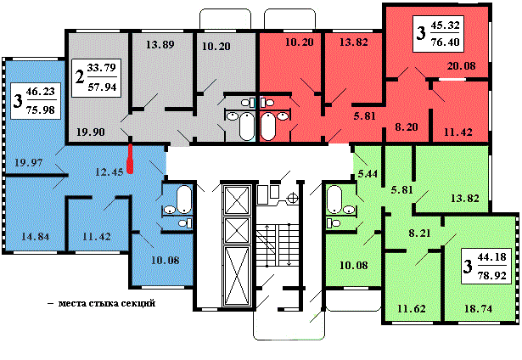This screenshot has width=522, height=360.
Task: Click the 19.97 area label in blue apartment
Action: (x=29, y=162)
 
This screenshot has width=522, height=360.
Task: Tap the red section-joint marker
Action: (x=131, y=159)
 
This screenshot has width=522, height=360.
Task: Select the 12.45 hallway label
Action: (x=109, y=172)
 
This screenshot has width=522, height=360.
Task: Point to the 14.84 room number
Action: (x=36, y=236)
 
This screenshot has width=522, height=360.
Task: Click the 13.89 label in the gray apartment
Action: (x=160, y=45)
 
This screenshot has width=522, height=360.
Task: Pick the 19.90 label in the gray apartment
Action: (x=91, y=132)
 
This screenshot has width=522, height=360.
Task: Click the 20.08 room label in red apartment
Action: (x=461, y=65)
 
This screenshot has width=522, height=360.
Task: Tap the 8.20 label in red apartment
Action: (x=407, y=127)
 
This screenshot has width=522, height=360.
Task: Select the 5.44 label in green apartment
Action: (x=368, y=173)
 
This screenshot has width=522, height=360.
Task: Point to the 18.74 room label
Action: (x=479, y=309)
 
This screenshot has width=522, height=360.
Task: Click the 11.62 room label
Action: (x=412, y=309)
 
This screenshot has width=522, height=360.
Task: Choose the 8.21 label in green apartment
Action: (x=419, y=233)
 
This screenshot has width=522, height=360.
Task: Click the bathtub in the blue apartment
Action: (x=184, y=200)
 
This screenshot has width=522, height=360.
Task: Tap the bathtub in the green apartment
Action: (x=334, y=200)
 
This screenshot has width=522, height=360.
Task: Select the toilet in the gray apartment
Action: (x=248, y=103)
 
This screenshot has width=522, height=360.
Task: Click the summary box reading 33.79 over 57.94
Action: (x=96, y=78)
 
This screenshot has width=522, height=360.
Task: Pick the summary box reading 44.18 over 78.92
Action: (x=486, y=266)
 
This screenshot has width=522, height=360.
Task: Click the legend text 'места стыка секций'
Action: (x=107, y=303)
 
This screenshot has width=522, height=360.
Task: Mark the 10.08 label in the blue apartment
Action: (x=166, y=260)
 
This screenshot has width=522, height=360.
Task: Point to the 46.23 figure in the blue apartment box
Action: (x=40, y=91)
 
